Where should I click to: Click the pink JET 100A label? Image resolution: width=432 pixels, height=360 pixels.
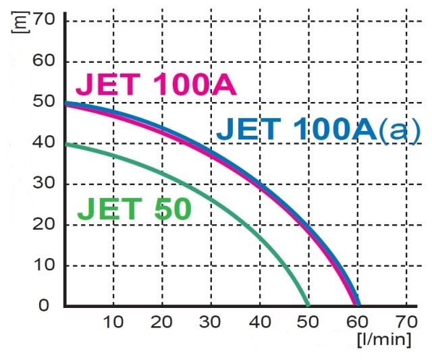[155, 85]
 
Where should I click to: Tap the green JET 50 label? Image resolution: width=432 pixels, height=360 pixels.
[134, 209]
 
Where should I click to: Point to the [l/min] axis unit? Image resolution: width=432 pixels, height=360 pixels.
[383, 338]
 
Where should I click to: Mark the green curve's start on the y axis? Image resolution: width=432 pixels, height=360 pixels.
[65, 143]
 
